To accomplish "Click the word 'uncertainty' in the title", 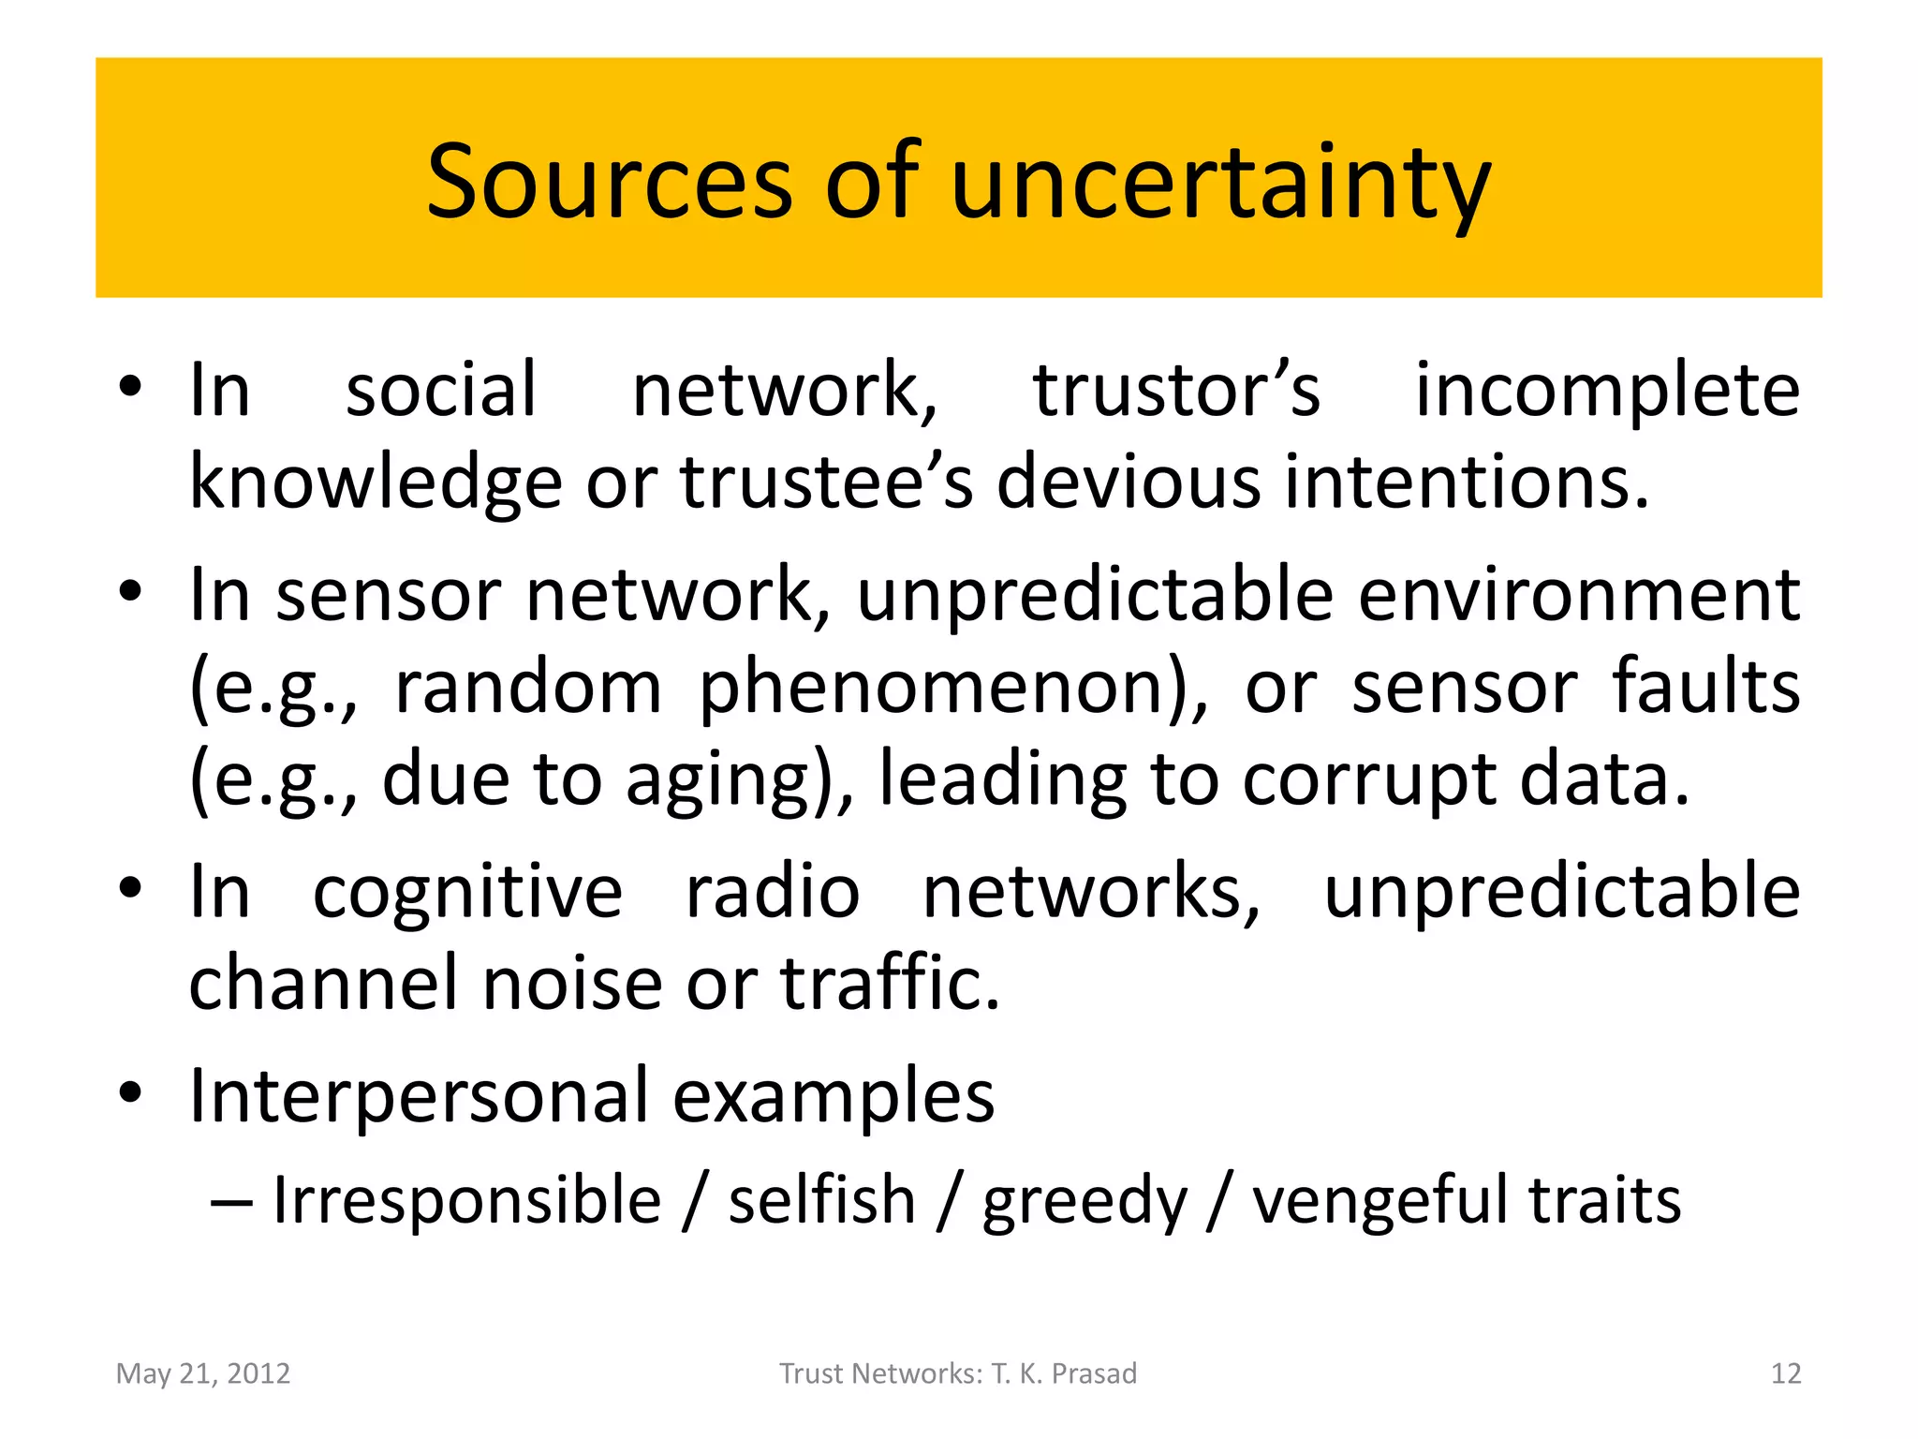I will click(x=1220, y=183).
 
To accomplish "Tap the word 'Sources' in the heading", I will click(x=610, y=183).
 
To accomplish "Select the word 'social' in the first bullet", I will click(x=441, y=390).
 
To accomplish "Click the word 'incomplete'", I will click(x=1607, y=390).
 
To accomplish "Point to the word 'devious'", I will click(x=1128, y=482).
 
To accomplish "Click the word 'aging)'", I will click(x=740, y=779).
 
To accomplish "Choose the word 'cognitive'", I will click(x=467, y=891).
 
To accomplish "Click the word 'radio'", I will click(x=773, y=891).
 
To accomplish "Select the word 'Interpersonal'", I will click(x=419, y=1095).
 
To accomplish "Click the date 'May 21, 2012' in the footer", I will click(x=203, y=1373).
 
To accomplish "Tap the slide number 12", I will click(x=1786, y=1373).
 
